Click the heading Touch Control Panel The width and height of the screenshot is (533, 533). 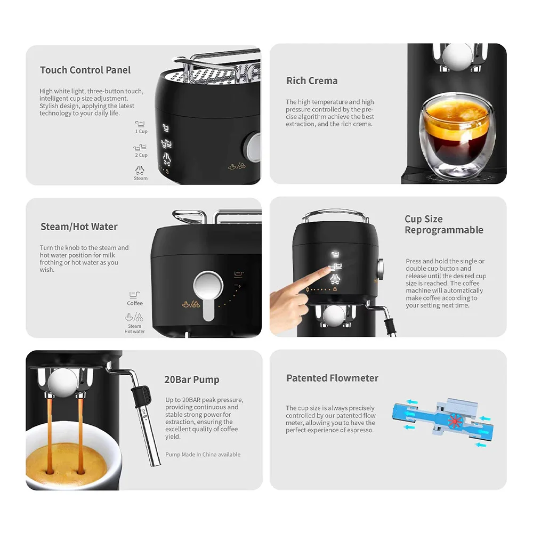(85, 70)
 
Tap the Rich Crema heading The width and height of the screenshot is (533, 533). (312, 80)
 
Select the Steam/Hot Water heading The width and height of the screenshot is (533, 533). (79, 227)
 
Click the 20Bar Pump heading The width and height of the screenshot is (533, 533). (192, 379)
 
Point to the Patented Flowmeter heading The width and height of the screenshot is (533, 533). (332, 378)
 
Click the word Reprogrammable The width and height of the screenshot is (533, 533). (444, 230)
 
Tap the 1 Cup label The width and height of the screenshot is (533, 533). (141, 131)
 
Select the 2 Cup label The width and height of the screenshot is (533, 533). (141, 155)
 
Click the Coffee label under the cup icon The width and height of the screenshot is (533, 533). (135, 303)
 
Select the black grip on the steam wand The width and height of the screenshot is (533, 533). (142, 396)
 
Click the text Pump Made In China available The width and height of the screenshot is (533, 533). (203, 455)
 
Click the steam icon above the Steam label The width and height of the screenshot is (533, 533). (140, 169)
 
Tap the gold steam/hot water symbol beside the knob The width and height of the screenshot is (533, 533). (191, 304)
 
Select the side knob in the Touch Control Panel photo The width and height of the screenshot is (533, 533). (254, 147)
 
